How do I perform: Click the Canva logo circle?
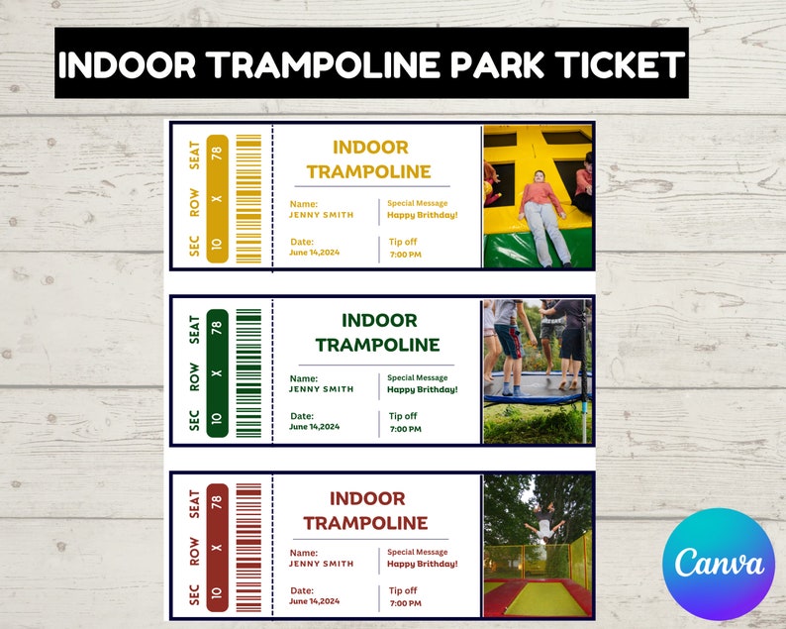click(721, 563)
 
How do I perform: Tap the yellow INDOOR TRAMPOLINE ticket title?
click(369, 159)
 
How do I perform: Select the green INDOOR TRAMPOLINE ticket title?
click(377, 333)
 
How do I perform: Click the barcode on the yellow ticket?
click(248, 198)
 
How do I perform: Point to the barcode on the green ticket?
click(248, 372)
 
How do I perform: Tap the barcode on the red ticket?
click(248, 547)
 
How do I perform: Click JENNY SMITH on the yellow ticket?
click(321, 215)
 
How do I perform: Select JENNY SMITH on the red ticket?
click(321, 564)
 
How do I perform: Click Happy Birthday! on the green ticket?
click(423, 389)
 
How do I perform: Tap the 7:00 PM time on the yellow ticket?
click(405, 255)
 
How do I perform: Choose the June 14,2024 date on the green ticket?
click(315, 427)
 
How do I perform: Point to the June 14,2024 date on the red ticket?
click(315, 600)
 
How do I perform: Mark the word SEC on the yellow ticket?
click(194, 245)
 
